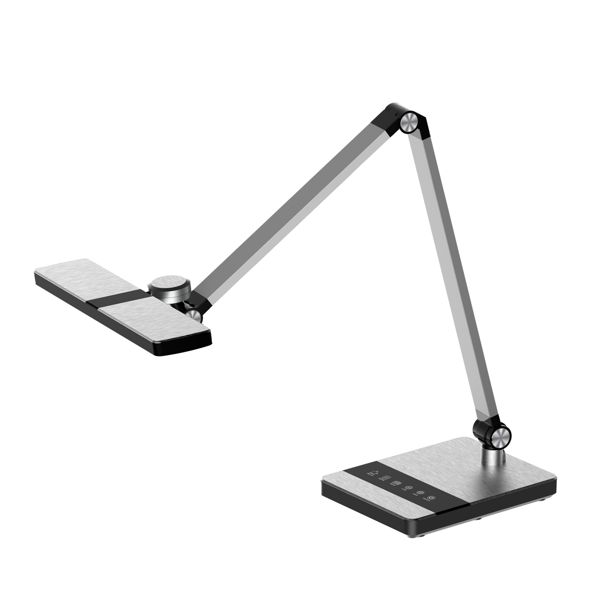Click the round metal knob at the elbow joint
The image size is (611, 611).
click(410, 122)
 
